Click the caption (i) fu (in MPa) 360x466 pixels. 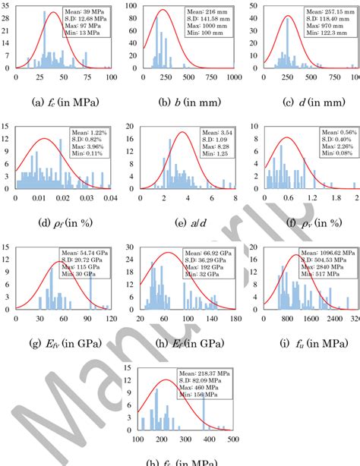point(298,341)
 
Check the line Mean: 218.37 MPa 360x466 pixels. point(207,373)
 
